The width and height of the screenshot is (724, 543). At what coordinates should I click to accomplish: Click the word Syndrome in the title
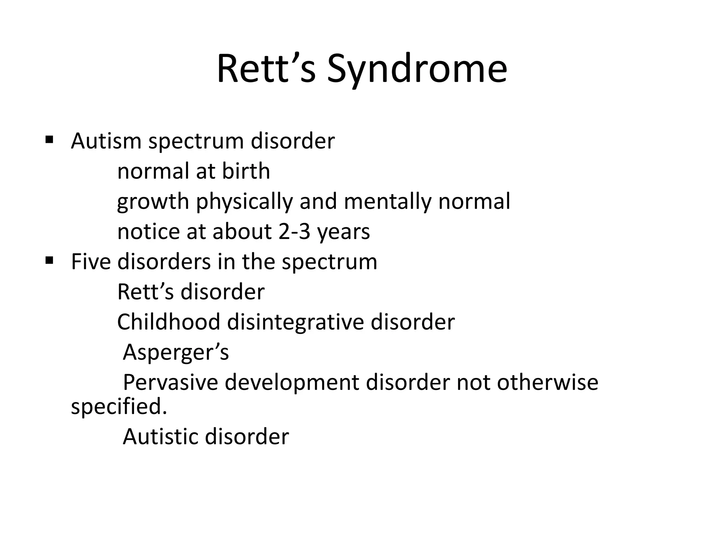click(417, 69)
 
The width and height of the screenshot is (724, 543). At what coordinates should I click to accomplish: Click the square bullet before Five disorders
click(49, 261)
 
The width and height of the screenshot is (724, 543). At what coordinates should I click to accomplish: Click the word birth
click(246, 171)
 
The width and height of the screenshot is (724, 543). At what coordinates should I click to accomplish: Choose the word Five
click(91, 262)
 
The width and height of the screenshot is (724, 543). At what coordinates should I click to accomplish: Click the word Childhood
click(169, 322)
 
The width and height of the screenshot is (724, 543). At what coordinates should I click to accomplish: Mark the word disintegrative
click(295, 323)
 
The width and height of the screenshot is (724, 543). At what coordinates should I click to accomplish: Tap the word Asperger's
click(176, 353)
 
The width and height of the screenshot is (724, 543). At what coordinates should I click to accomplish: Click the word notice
click(148, 232)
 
